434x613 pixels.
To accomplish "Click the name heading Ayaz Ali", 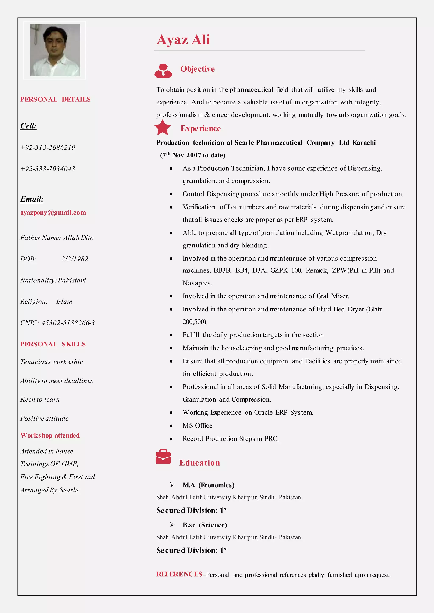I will pos(183,40).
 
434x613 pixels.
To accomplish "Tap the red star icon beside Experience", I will pos(163,128).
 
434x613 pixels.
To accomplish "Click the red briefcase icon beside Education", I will pos(163,457).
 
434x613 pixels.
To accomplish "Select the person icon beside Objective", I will pos(163,71).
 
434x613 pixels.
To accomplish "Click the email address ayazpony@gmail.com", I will pos(53,213).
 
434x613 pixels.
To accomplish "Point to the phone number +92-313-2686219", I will pos(48,147).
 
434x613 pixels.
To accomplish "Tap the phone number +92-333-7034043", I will pos(48,169).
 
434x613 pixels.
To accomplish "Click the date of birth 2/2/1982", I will pos(75,259).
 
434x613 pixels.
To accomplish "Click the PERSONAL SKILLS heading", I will pos(53,344).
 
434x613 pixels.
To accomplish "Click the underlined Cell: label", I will pos(28,126).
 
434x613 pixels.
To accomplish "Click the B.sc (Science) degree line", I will pos(205,525).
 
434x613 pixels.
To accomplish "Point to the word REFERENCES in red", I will pos(179,574).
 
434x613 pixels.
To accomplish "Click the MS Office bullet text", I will pos(197,425).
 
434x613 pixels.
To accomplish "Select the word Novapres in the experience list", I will pos(197,283).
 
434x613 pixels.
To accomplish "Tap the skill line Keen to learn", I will pos(40,399).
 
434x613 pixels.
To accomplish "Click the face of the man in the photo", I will pos(54,41).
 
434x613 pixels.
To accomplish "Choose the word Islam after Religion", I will pos(64,302).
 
